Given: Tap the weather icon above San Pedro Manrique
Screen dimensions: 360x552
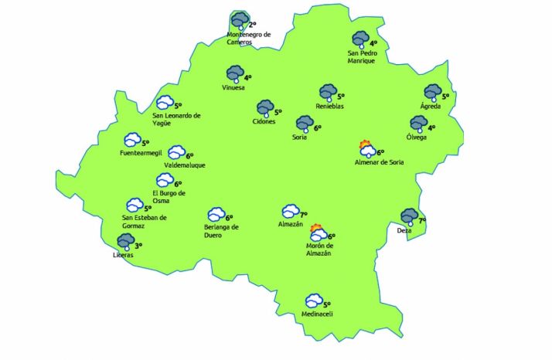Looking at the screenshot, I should pyautogui.click(x=360, y=39).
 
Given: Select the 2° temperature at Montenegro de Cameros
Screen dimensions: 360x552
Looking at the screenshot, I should pyautogui.click(x=252, y=25).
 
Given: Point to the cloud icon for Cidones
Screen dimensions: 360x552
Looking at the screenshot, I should pyautogui.click(x=265, y=107).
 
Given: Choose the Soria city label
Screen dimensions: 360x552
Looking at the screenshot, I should pyautogui.click(x=299, y=138).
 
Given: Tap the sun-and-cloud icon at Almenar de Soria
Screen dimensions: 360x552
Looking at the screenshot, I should pyautogui.click(x=366, y=149).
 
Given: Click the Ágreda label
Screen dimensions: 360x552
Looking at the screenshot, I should pyautogui.click(x=430, y=106).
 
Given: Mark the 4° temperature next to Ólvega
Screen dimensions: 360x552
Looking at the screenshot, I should pyautogui.click(x=431, y=128).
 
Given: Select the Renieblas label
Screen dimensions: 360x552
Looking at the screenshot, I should pyautogui.click(x=329, y=106).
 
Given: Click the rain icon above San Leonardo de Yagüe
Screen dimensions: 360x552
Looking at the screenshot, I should pyautogui.click(x=165, y=103).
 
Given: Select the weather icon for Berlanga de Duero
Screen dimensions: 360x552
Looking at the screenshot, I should pyautogui.click(x=215, y=215).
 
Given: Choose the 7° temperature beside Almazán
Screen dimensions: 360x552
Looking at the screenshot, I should pyautogui.click(x=304, y=214).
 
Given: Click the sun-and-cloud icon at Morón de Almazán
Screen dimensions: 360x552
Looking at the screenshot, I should pyautogui.click(x=317, y=233).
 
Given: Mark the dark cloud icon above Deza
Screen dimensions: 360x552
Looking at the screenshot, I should pyautogui.click(x=409, y=217).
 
